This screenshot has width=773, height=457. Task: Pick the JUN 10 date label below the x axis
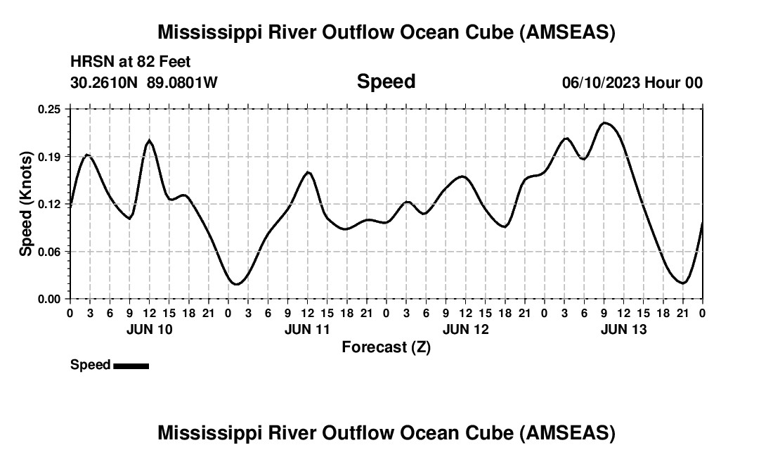coord(149,329)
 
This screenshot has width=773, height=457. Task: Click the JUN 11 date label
coord(307,329)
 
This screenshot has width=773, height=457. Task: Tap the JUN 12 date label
coord(465,329)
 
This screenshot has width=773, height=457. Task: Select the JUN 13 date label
coord(623,329)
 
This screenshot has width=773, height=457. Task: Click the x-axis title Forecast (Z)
coord(386,347)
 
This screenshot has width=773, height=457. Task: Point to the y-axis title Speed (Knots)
coord(26,204)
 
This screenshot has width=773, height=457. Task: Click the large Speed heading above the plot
coord(386,82)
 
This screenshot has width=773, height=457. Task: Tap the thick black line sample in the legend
coord(131,366)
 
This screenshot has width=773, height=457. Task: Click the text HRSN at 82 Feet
coord(130,63)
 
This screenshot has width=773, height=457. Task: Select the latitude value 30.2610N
coord(105,82)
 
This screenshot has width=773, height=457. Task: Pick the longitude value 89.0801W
coord(182,82)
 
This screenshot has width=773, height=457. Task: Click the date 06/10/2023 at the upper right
coord(601,82)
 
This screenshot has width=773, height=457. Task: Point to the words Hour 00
coord(674,82)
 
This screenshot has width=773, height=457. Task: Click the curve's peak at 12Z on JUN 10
coord(149,141)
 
